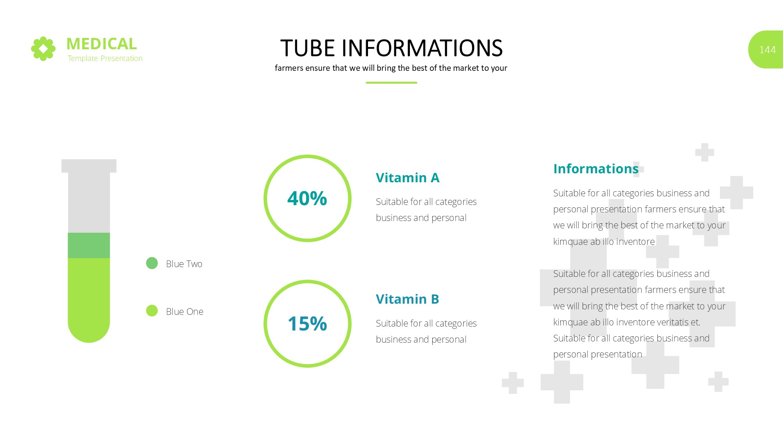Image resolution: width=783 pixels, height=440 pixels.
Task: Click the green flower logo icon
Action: [x=43, y=49]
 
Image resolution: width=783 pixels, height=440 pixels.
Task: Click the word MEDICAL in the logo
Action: [x=102, y=44]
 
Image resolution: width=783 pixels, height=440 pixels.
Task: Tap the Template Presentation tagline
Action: [x=105, y=58]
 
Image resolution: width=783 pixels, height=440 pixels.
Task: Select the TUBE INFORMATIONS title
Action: [x=391, y=48]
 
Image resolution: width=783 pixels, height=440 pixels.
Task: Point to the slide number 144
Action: [x=767, y=50]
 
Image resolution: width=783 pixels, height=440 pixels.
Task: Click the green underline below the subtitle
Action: [x=391, y=83]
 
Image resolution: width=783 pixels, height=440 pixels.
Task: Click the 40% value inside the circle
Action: [x=307, y=198]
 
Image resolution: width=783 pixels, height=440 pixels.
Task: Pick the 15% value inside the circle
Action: [x=307, y=324]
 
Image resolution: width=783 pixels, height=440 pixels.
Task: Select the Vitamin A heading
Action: [x=408, y=178]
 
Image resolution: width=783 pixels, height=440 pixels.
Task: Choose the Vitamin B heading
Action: [x=408, y=299]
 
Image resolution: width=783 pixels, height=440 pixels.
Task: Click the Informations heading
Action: [x=596, y=169]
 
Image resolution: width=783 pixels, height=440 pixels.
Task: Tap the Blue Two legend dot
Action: [x=152, y=263]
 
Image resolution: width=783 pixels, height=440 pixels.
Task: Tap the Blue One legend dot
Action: [x=152, y=311]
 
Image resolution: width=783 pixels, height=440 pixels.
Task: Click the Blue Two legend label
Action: [x=184, y=264]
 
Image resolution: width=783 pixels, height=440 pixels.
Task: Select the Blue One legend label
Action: [x=185, y=312]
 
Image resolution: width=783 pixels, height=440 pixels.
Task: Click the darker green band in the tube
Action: [x=89, y=245]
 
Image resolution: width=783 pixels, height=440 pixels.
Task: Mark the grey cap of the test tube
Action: [x=89, y=166]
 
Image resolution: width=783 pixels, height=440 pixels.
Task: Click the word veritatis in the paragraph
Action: [x=673, y=322]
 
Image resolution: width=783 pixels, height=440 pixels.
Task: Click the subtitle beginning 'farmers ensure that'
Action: [x=391, y=68]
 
